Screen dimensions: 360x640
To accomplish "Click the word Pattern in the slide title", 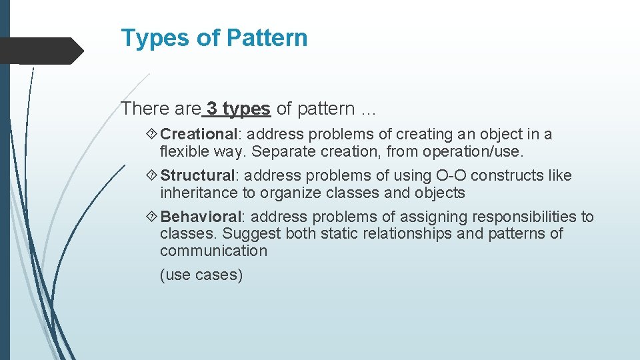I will pos(267,38).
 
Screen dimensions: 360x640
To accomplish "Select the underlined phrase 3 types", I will pos(238,107).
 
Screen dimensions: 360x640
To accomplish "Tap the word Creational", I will pos(199,134).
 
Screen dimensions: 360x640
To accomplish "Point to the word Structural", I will pos(197,175).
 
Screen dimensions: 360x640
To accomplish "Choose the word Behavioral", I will pos(201,217).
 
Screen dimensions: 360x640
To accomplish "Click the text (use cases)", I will pos(201,275).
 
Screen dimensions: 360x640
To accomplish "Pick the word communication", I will pos(213,251).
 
